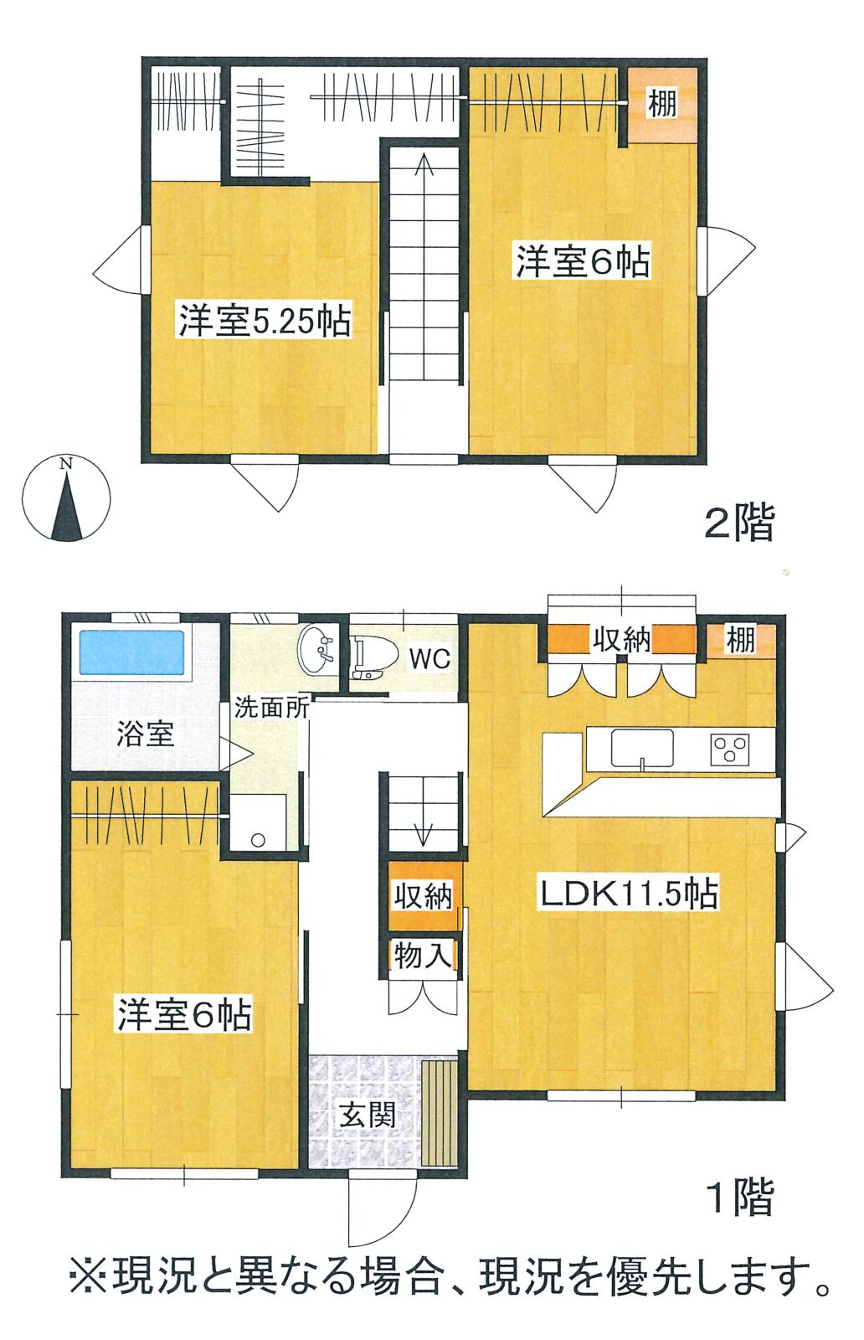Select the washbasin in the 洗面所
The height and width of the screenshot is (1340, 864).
click(x=316, y=648)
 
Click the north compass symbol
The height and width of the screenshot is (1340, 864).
click(x=66, y=498)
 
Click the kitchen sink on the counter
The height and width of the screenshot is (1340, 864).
click(x=642, y=749)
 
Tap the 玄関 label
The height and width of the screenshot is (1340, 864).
click(x=367, y=1115)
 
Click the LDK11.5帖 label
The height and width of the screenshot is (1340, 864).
click(x=629, y=894)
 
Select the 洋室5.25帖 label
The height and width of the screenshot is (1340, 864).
click(x=265, y=322)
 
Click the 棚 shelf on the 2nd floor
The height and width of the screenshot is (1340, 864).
click(x=662, y=105)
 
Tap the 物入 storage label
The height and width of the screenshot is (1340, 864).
click(x=423, y=956)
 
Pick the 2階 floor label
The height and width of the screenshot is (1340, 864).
click(x=739, y=523)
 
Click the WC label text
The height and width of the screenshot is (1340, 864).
click(x=429, y=659)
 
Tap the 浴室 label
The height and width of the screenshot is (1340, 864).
click(x=146, y=733)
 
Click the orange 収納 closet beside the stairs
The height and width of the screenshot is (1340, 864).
click(x=424, y=895)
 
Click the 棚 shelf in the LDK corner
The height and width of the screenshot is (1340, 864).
click(x=742, y=640)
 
